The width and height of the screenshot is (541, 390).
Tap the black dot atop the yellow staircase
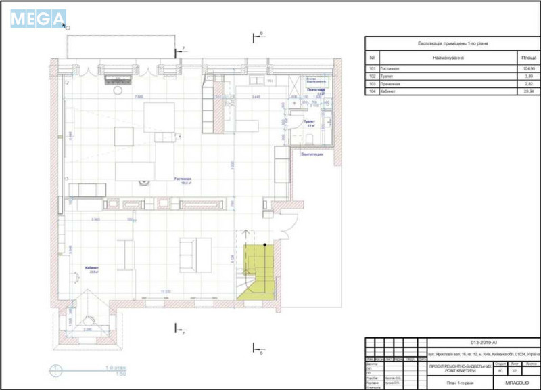pos(265,244)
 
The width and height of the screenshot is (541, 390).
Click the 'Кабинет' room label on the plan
pos(92,268)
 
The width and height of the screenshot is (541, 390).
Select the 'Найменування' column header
pos(448,58)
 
